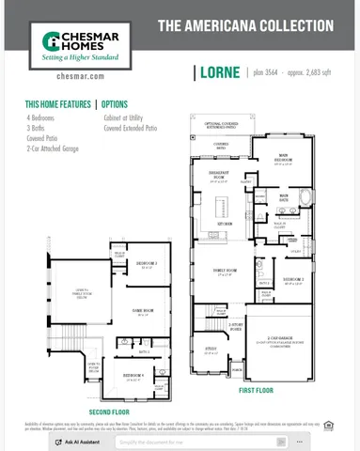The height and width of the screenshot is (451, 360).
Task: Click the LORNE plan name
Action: point(217,71)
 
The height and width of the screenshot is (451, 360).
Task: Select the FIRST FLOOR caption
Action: point(257,389)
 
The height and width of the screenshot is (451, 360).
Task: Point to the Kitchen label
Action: point(226,225)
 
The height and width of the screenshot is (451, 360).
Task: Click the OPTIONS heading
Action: point(115,104)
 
